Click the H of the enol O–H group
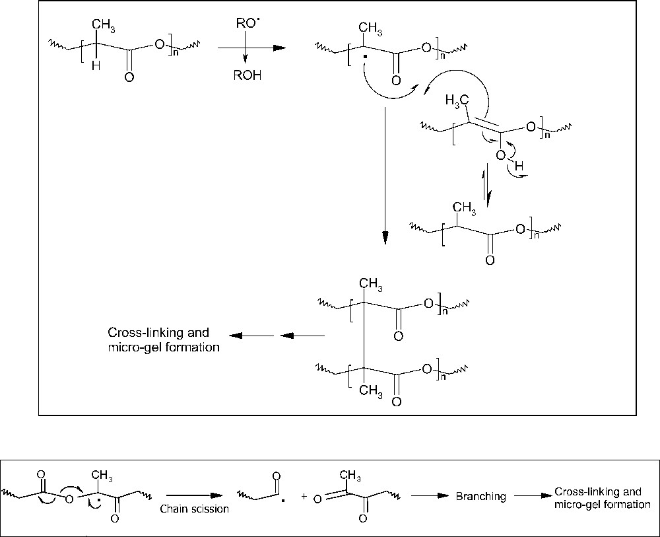[519, 168]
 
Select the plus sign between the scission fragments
[304, 496]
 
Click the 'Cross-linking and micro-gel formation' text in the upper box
[163, 340]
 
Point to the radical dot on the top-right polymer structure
[355, 66]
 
